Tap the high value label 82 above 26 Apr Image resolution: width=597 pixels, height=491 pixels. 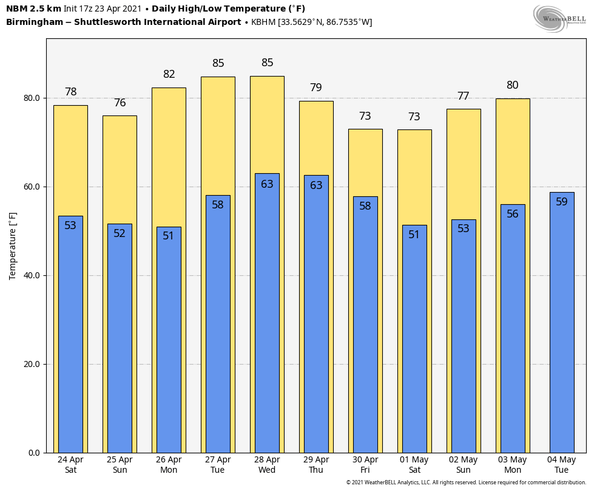click(169, 74)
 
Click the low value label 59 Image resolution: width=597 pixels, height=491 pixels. click(562, 202)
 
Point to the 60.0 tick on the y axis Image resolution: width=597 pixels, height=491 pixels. click(32, 187)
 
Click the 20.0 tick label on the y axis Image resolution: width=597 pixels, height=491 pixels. click(32, 364)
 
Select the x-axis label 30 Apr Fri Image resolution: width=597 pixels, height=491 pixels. click(365, 465)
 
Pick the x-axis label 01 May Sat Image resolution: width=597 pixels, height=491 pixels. click(414, 465)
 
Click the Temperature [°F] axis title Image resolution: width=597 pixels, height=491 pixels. click(13, 245)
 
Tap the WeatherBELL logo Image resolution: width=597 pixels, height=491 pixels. click(560, 18)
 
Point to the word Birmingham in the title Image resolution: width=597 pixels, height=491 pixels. click(31, 22)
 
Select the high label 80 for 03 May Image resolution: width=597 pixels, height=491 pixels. click(513, 85)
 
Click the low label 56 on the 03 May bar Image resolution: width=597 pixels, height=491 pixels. click(513, 214)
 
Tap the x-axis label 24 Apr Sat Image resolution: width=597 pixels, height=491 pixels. click(70, 465)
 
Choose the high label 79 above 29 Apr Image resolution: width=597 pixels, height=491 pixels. click(316, 88)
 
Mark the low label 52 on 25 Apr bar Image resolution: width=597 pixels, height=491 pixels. click(120, 233)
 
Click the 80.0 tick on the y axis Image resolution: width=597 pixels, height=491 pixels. click(32, 98)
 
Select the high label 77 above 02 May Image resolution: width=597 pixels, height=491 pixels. click(464, 96)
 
